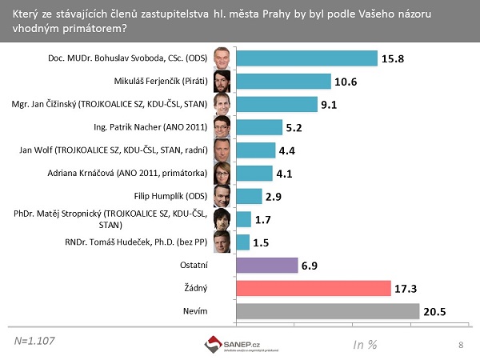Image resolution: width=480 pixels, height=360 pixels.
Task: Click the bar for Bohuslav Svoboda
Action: click(x=306, y=58)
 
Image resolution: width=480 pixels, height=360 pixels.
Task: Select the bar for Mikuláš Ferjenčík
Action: click(x=283, y=81)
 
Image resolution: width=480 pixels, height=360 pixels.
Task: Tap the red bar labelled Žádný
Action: click(x=313, y=288)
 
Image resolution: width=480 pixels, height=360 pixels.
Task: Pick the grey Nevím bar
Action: click(x=328, y=311)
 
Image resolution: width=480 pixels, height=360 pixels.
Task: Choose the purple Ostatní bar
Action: click(x=266, y=265)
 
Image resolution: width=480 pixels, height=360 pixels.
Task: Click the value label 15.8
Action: click(x=394, y=58)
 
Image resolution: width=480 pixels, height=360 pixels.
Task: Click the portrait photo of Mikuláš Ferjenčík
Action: click(x=222, y=81)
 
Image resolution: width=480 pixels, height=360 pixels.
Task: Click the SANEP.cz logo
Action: click(x=232, y=344)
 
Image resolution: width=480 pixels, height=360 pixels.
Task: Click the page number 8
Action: click(x=461, y=344)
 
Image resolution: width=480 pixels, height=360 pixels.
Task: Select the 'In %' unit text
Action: click(x=366, y=344)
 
